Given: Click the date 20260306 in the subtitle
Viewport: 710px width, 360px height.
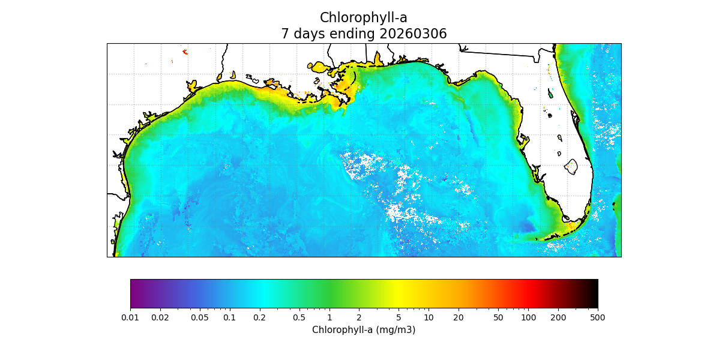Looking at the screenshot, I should coord(413,34).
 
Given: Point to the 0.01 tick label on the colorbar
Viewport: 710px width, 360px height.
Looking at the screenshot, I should coord(130,317).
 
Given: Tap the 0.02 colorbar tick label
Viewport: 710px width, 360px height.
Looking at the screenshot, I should coord(160,317).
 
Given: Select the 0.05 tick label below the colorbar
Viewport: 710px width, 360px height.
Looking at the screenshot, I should coord(200,317).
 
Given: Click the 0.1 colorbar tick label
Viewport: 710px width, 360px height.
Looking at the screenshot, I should coord(229,317).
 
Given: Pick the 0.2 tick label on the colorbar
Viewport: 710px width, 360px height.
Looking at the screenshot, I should coord(259,317).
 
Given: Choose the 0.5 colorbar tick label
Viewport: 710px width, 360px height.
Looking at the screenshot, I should coord(299,317).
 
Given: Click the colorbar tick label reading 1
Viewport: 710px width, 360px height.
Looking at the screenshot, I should coord(329,317).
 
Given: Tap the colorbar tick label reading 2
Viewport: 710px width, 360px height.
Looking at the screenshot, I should coord(359,317).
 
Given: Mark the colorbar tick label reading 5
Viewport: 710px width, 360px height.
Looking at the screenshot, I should coord(399,317).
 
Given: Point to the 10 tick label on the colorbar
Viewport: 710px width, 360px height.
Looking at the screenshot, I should coord(429,317).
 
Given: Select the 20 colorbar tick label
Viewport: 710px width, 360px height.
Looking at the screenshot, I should coord(459,317).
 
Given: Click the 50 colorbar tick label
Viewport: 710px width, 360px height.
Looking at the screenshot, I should coord(498,317).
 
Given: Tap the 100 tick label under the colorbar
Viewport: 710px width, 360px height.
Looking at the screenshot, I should coord(528,317).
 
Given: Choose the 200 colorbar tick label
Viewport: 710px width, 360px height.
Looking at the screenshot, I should coord(558,317).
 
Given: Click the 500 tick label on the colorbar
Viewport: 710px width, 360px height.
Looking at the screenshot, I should coord(598,317).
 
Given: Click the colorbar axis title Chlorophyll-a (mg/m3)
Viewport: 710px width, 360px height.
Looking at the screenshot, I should coord(364,330).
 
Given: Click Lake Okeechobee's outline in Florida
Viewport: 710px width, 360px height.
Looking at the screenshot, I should coord(571,167).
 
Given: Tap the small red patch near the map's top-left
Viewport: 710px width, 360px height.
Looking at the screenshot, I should coord(185,52).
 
